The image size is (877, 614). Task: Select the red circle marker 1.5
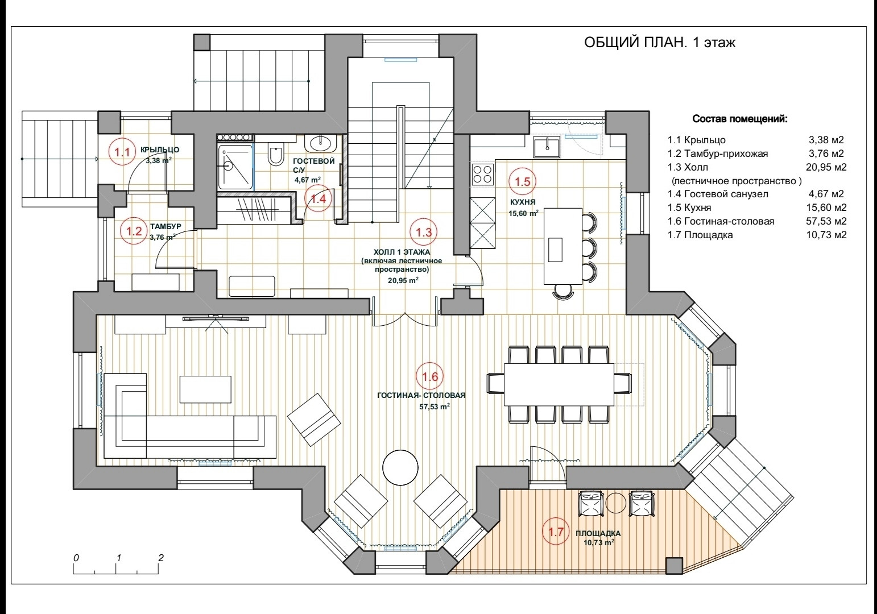click(x=522, y=182)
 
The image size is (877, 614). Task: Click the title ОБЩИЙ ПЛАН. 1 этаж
click(x=660, y=43)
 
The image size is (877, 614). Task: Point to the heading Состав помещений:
click(x=740, y=120)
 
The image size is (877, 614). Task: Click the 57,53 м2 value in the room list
click(x=826, y=221)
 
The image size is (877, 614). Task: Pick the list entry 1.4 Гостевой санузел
click(x=718, y=194)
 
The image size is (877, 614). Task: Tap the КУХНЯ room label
click(x=522, y=202)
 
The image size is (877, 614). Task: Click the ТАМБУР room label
click(x=166, y=226)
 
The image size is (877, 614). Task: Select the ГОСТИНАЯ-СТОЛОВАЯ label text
click(x=421, y=396)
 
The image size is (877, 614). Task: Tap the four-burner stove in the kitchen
click(x=483, y=174)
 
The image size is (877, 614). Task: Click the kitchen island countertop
click(x=562, y=246)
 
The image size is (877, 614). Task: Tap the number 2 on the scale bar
click(x=161, y=558)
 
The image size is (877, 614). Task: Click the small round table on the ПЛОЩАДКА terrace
click(x=615, y=503)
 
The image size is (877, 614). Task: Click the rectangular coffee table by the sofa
click(x=205, y=389)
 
